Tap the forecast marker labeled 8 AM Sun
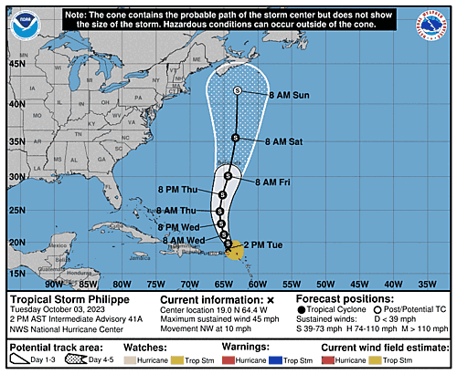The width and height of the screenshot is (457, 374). click(238, 90)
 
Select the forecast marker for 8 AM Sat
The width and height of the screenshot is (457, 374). click(235, 138)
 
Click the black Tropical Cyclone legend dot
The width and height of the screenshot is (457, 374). click(303, 310)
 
